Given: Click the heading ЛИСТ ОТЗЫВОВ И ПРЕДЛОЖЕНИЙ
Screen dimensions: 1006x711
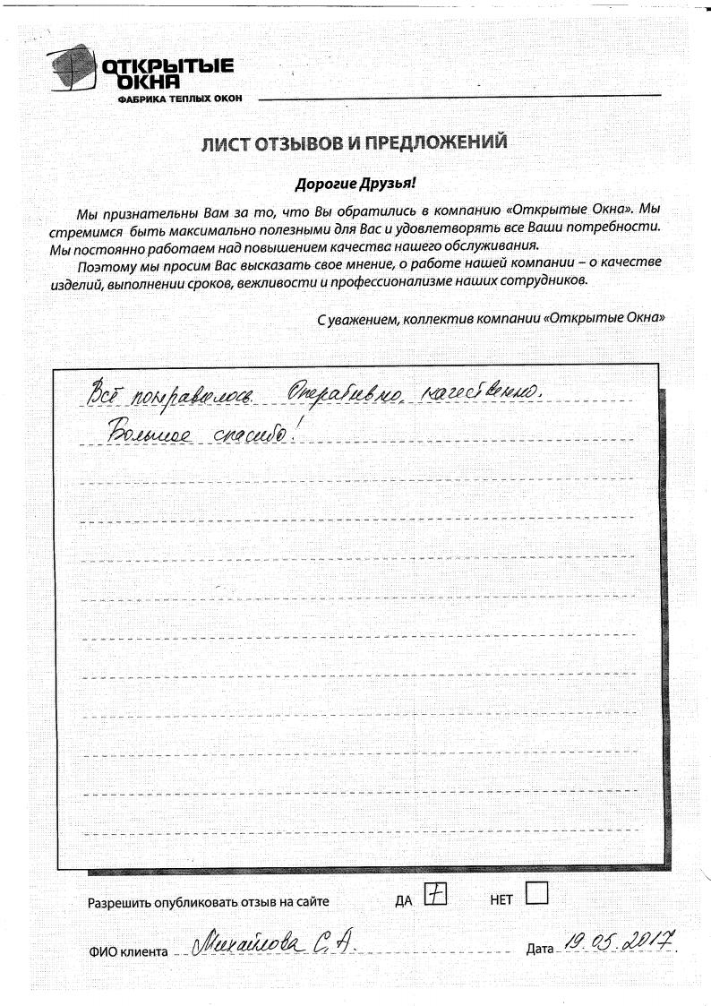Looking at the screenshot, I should click(355, 142).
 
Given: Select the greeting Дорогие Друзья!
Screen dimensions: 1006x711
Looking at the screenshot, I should click(355, 185).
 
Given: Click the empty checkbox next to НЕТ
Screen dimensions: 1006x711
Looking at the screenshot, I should click(536, 894).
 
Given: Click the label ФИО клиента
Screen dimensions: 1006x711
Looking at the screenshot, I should click(128, 951).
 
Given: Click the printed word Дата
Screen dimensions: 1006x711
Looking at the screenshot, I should click(541, 949).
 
